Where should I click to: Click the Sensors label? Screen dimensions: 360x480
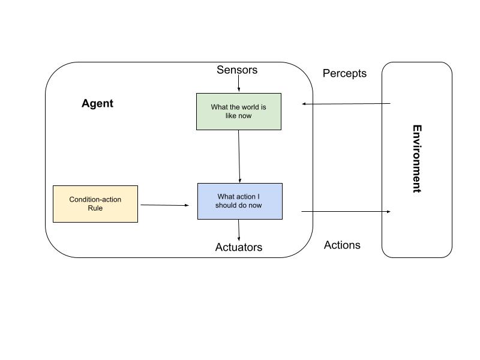[x=237, y=70]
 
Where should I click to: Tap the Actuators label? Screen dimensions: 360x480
[x=238, y=247]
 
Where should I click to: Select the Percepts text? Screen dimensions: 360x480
[x=344, y=73]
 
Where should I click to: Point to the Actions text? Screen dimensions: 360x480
[x=342, y=245]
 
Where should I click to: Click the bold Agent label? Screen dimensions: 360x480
[x=97, y=103]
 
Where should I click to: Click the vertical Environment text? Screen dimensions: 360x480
[x=416, y=158]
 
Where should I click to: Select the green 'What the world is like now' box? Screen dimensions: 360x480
[x=239, y=112]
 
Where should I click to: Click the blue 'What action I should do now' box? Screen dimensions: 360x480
[x=239, y=201]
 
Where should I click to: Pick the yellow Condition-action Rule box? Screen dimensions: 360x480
[x=95, y=204]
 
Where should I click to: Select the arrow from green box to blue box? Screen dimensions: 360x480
[x=239, y=156]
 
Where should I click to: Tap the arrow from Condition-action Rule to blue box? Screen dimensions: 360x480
[x=164, y=205]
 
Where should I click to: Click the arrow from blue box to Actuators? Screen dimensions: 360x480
[x=239, y=230]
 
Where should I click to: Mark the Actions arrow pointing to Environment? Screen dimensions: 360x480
[x=346, y=211]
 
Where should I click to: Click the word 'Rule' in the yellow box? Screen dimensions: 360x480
[x=95, y=208]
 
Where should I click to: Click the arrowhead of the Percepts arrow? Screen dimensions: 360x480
[x=305, y=104]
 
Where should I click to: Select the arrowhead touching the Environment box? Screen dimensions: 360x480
[x=388, y=211]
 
